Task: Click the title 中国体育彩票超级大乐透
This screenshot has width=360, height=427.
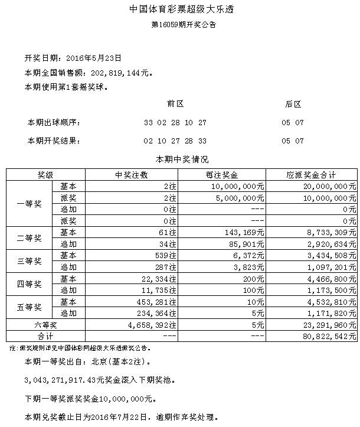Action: (x=179, y=10)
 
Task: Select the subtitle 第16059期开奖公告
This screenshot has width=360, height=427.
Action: (x=179, y=25)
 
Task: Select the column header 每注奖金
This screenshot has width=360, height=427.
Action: (x=222, y=175)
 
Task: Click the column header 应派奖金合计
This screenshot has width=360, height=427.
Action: (x=312, y=175)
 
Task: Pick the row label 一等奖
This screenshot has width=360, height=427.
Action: (x=30, y=203)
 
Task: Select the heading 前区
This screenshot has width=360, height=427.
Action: (x=175, y=104)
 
